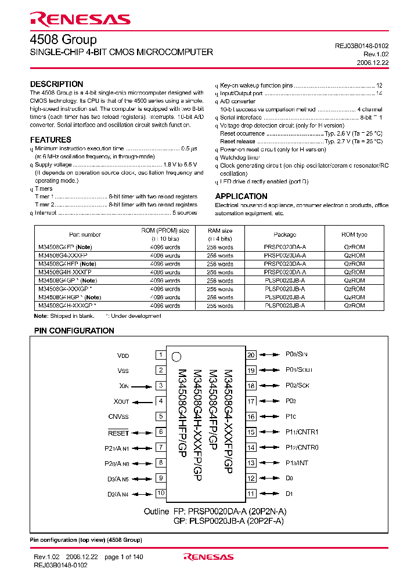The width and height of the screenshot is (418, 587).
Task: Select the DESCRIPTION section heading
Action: click(56, 84)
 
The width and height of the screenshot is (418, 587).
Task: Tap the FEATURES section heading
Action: click(51, 140)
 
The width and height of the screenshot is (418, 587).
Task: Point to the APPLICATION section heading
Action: click(241, 196)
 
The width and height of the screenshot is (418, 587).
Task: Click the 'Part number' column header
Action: click(85, 234)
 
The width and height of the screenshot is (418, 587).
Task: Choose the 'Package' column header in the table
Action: click(284, 234)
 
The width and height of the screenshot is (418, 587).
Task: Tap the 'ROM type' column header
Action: click(354, 234)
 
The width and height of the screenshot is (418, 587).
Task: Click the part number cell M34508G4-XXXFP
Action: click(63, 255)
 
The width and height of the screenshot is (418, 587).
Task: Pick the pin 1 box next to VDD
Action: click(160, 355)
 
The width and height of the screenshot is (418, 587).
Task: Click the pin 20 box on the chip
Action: click(251, 355)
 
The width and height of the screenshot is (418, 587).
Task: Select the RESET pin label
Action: click(118, 433)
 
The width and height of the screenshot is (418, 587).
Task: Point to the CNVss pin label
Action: click(118, 416)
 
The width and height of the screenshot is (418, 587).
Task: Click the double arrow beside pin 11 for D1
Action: click(269, 494)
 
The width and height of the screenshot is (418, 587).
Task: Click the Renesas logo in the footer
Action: click(208, 557)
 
